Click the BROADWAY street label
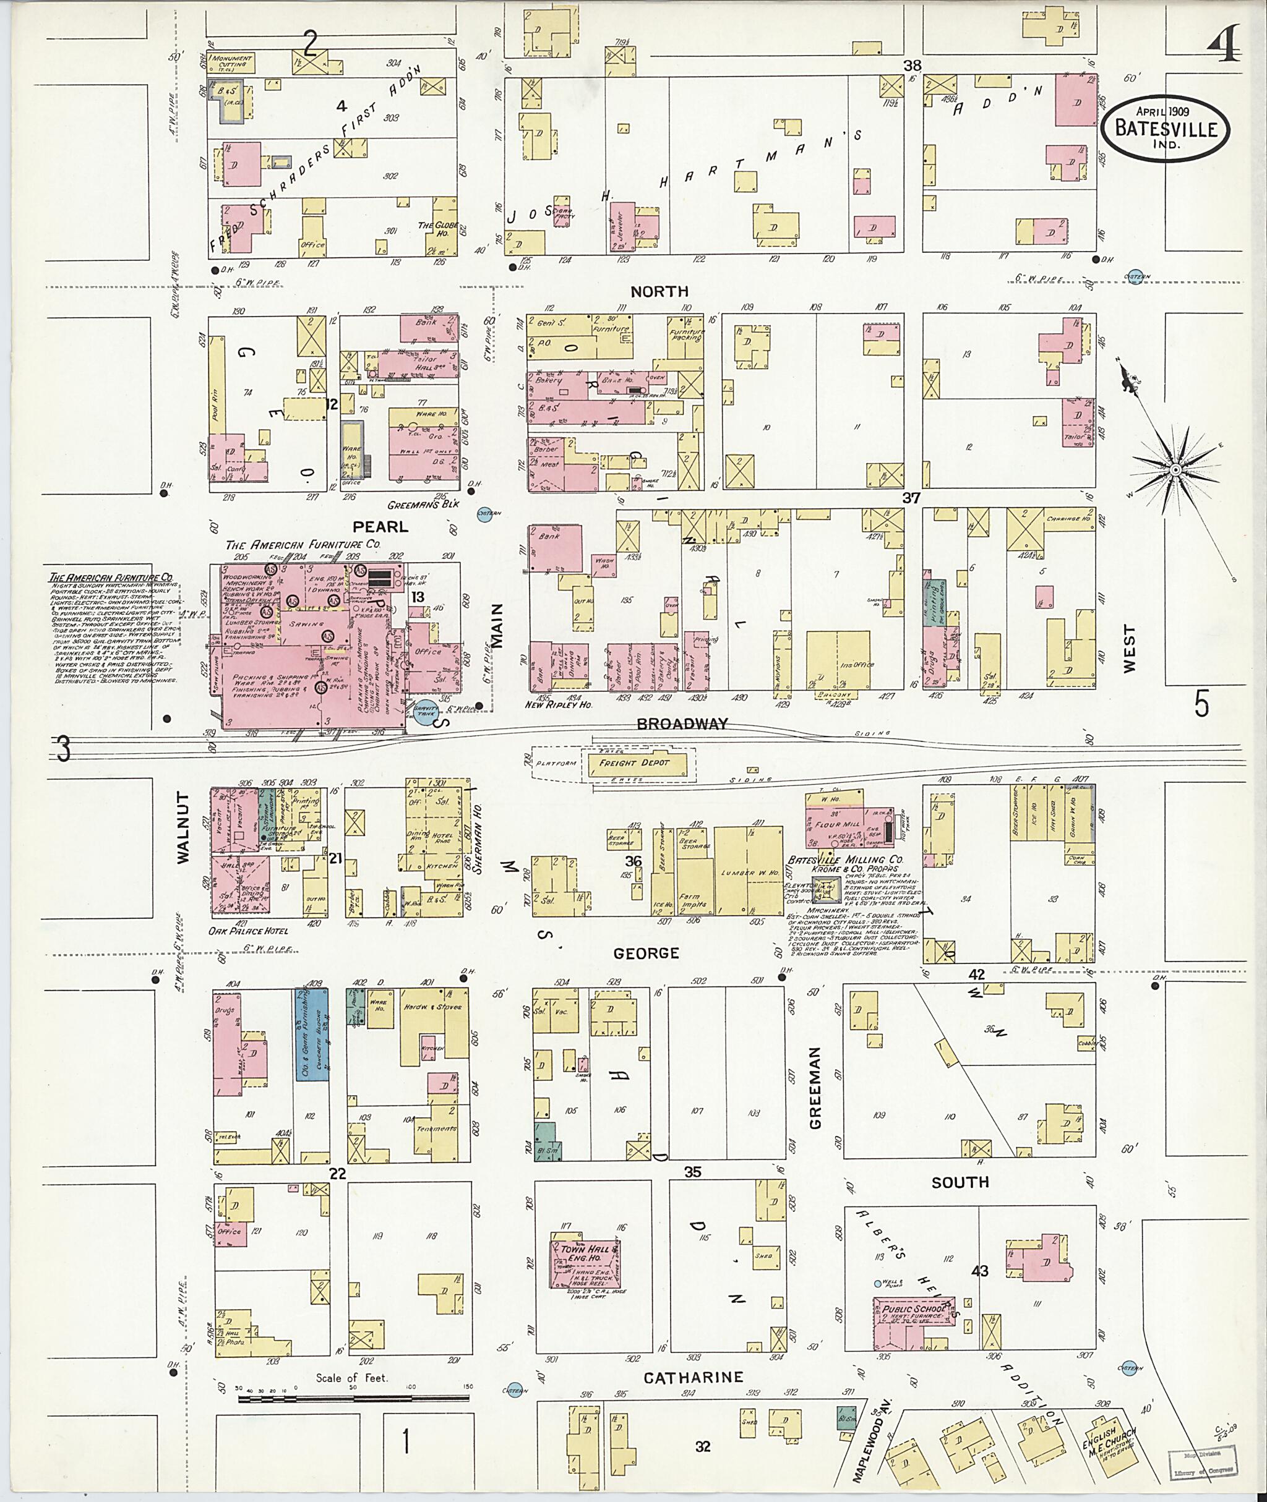[x=682, y=723]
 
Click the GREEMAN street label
[x=815, y=1087]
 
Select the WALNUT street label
[x=181, y=827]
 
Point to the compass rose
[x=1176, y=469]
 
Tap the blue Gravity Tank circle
[x=425, y=712]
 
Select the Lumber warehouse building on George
[x=749, y=870]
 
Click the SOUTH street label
[x=960, y=1182]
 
